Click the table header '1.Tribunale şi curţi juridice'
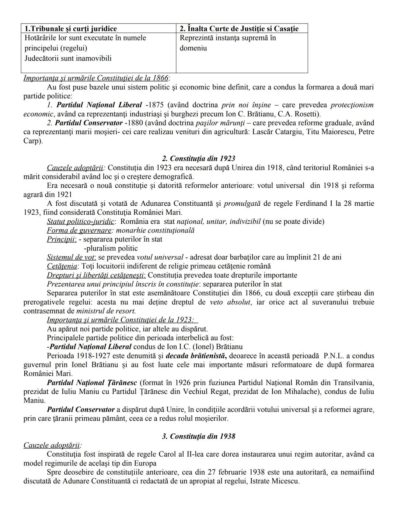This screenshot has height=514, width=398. pos(70,29)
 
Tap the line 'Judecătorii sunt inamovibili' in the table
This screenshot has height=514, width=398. pos(68,58)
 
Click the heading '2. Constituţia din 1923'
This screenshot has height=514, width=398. pos(199,159)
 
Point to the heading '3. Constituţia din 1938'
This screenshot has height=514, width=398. pos(199,436)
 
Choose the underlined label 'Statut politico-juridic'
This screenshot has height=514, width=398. pos(81,221)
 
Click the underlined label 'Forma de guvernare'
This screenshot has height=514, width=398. pos(79,230)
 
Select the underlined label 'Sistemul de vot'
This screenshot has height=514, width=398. pos(71,257)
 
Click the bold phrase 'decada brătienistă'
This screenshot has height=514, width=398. pos(196,356)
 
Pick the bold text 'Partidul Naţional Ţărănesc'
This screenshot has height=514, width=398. pos(97,383)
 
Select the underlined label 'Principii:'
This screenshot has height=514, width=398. pos(62,239)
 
